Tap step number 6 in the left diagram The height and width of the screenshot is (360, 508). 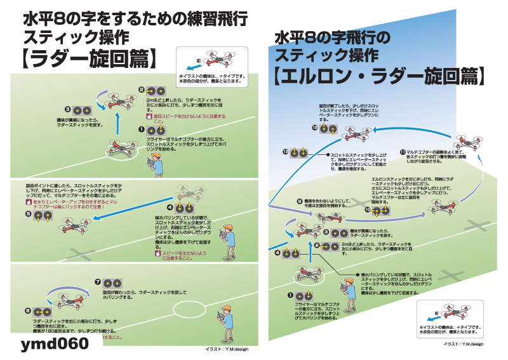[x=29, y=311]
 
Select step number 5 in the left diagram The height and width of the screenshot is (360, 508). [x=29, y=215]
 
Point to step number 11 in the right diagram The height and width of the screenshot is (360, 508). [x=403, y=152]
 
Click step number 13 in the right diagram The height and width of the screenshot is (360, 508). [x=285, y=151]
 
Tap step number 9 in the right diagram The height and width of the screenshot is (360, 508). [x=299, y=201]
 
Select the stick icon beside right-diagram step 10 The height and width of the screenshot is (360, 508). [x=382, y=208]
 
